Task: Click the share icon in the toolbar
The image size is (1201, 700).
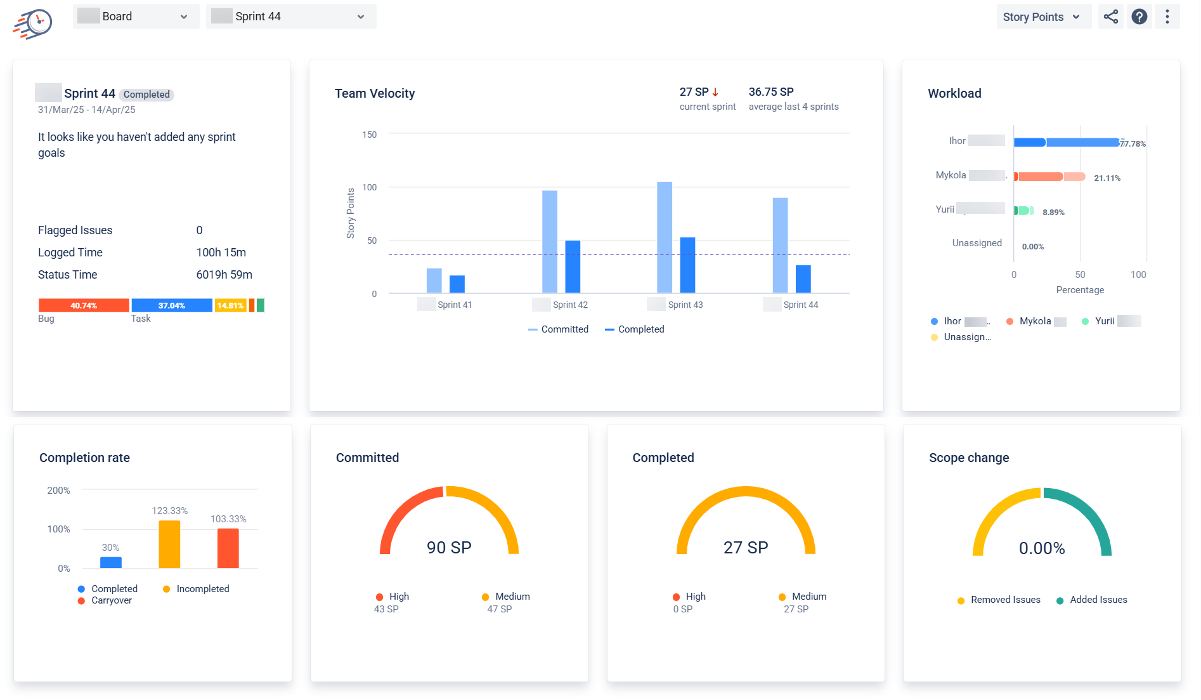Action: coord(1110,17)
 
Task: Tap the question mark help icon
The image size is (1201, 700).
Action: coord(1139,17)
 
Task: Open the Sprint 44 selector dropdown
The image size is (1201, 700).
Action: coord(290,17)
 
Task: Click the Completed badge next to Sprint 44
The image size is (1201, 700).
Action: coord(146,95)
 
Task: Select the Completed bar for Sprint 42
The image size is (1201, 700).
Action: coord(572,267)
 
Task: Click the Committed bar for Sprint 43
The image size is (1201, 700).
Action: coord(664,237)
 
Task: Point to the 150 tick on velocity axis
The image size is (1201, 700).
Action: coord(369,135)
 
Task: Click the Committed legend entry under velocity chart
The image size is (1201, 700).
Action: coord(558,329)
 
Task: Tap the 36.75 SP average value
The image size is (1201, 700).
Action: coord(770,92)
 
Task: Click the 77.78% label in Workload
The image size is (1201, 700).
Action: coord(1132,144)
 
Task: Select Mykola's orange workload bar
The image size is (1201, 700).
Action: coord(1040,176)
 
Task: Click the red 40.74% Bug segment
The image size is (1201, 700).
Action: coord(84,306)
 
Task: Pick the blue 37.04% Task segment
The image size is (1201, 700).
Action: coord(171,306)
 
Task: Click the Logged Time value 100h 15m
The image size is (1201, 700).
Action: coord(221,253)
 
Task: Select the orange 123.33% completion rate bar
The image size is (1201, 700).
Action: coord(169,544)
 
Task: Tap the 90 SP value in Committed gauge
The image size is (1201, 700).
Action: coord(448,548)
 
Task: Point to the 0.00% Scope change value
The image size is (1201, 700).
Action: coord(1041,548)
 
